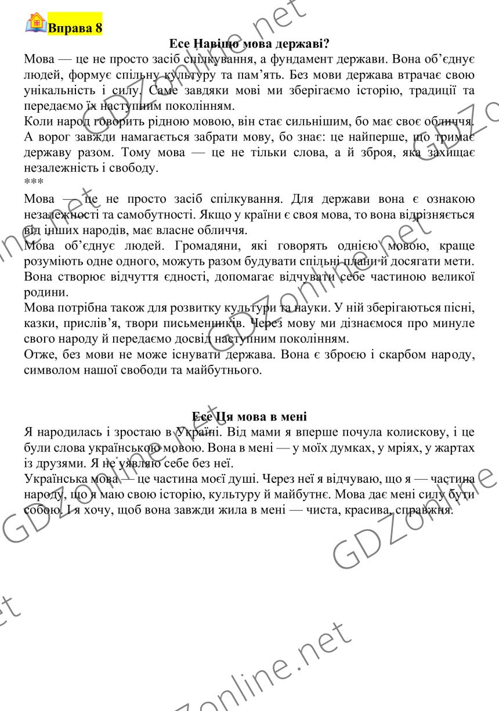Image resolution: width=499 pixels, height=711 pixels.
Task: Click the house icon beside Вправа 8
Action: (36, 23)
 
